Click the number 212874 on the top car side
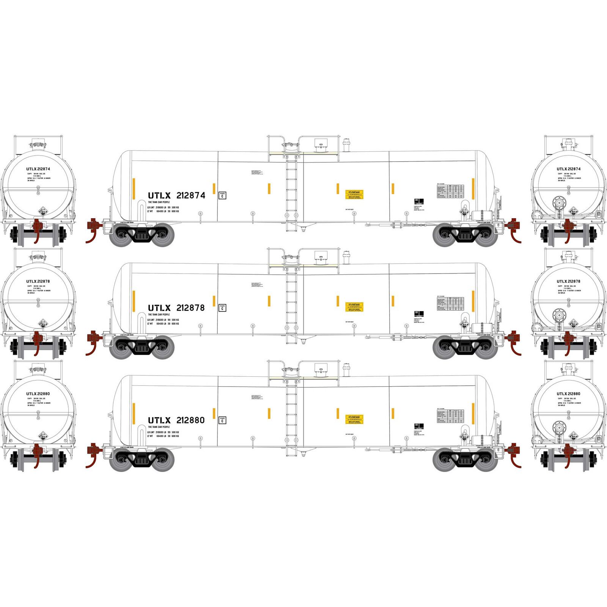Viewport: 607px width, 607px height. pos(191,195)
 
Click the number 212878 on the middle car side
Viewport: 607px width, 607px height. pos(191,308)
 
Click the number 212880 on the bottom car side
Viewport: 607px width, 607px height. pos(191,420)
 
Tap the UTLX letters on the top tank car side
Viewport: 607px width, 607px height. pos(159,195)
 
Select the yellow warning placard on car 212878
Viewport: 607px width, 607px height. pos(354,307)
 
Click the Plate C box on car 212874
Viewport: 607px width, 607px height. pos(222,195)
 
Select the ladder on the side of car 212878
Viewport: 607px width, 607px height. pos(291,303)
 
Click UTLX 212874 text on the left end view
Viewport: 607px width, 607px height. pos(38,169)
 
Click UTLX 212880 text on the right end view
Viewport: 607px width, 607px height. pos(568,394)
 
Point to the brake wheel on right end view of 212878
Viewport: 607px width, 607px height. pos(558,315)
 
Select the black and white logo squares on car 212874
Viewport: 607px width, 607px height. pos(418,201)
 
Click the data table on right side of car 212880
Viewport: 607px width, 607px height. pos(450,416)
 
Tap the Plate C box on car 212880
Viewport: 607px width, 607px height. pos(222,420)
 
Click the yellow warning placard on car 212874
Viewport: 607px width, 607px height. pos(354,195)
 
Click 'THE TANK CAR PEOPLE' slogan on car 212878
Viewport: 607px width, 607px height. pos(159,315)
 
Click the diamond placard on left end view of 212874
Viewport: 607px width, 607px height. pos(43,211)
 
